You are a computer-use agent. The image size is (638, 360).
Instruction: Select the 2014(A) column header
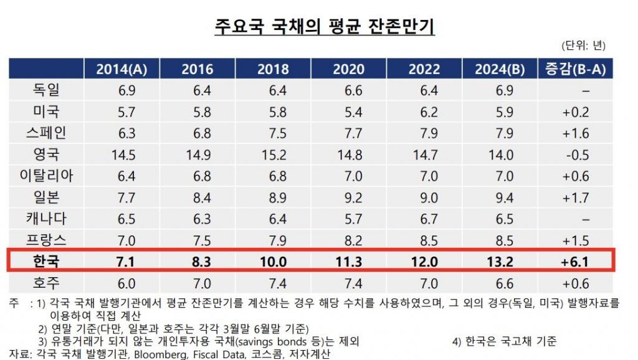pyautogui.click(x=121, y=69)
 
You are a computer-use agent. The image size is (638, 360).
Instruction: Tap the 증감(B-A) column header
pyautogui.click(x=576, y=69)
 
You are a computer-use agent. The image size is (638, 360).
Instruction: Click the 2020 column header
pyautogui.click(x=348, y=69)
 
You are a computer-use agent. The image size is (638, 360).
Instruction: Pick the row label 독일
pyautogui.click(x=47, y=90)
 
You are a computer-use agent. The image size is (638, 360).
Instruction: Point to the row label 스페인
pyautogui.click(x=47, y=133)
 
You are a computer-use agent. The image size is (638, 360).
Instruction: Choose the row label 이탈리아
pyautogui.click(x=47, y=176)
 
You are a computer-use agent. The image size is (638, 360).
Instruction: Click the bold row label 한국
pyautogui.click(x=47, y=260)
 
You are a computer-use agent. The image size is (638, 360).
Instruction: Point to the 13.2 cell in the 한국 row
pyautogui.click(x=501, y=260)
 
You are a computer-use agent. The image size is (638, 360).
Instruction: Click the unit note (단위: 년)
pyautogui.click(x=584, y=45)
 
